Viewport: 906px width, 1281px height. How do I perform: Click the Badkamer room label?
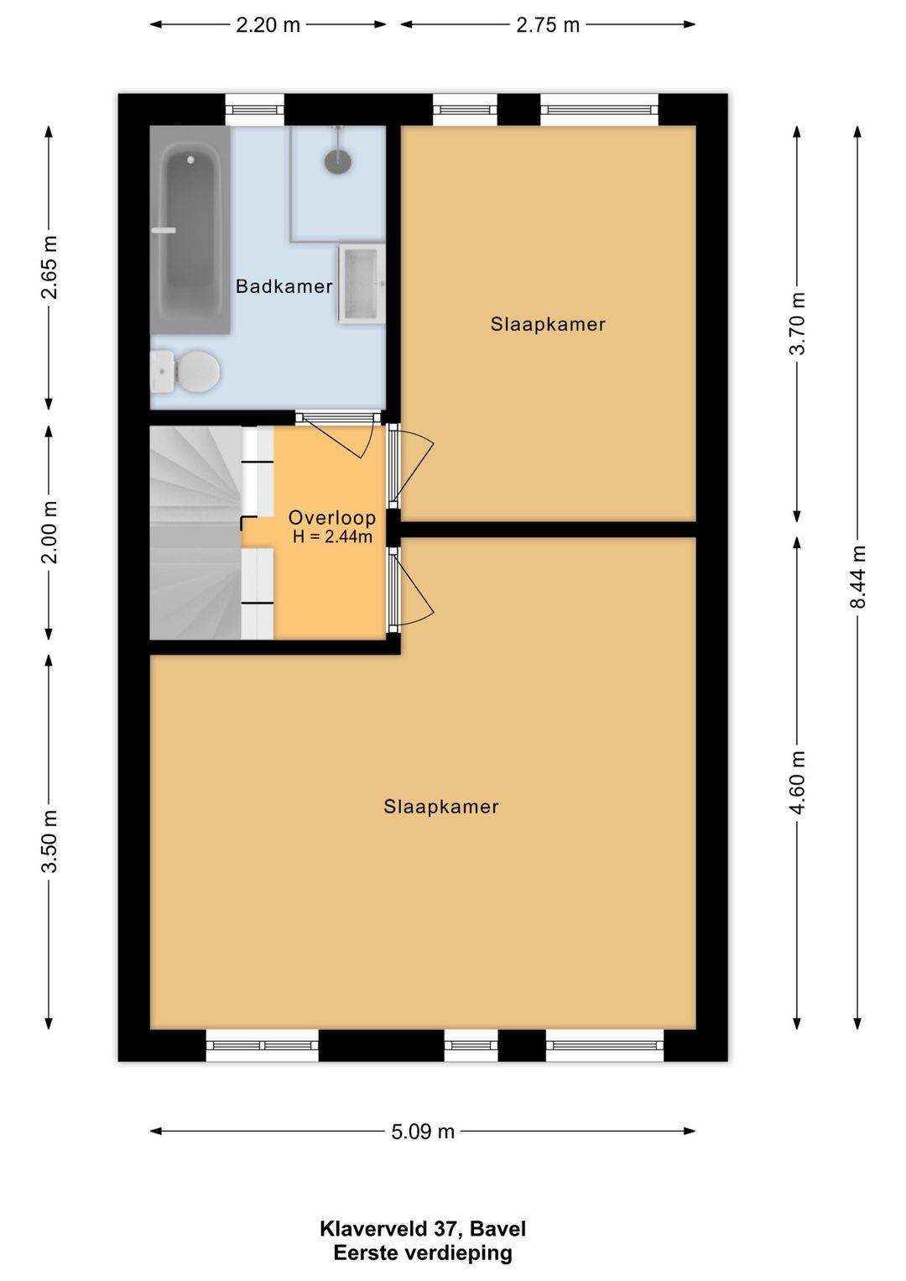(x=284, y=286)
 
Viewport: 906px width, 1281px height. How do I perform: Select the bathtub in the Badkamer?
(x=190, y=230)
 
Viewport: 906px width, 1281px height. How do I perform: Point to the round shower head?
(x=338, y=161)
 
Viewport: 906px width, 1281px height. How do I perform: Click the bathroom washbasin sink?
(x=362, y=284)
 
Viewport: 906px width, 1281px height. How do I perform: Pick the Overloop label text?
(x=332, y=518)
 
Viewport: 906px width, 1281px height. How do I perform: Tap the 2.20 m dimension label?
(x=268, y=25)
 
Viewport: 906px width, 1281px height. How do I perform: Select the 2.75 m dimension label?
(x=548, y=25)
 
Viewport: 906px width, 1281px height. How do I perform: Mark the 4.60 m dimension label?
(x=798, y=782)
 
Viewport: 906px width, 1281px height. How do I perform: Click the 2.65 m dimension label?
(x=49, y=267)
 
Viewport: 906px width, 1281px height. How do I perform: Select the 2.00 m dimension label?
(x=49, y=532)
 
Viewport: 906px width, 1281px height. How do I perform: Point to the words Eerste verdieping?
(x=423, y=1251)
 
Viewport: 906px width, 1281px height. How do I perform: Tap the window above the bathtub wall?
(x=254, y=110)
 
